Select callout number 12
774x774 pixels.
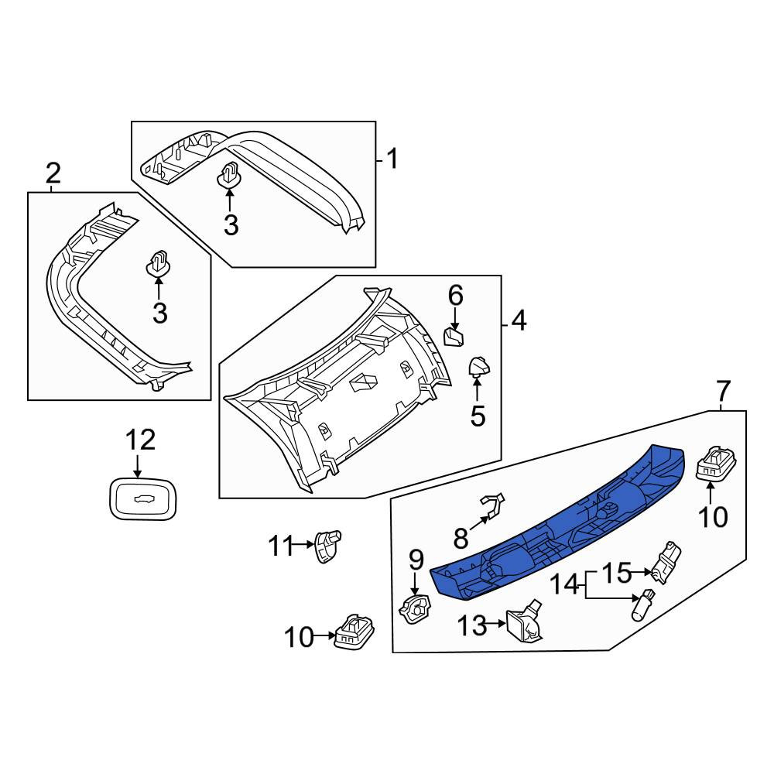141,440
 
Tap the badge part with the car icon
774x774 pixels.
143,499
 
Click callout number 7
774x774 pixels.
723,391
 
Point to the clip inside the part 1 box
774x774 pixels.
228,175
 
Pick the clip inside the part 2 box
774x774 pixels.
158,264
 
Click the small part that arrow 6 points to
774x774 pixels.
454,337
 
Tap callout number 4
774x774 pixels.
519,321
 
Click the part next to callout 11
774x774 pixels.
327,545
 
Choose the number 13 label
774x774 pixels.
472,626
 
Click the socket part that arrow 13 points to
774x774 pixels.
525,622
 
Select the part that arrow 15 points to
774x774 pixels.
666,563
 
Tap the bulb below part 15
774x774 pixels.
642,604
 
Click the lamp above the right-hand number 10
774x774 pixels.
716,463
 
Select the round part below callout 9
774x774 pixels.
415,608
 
